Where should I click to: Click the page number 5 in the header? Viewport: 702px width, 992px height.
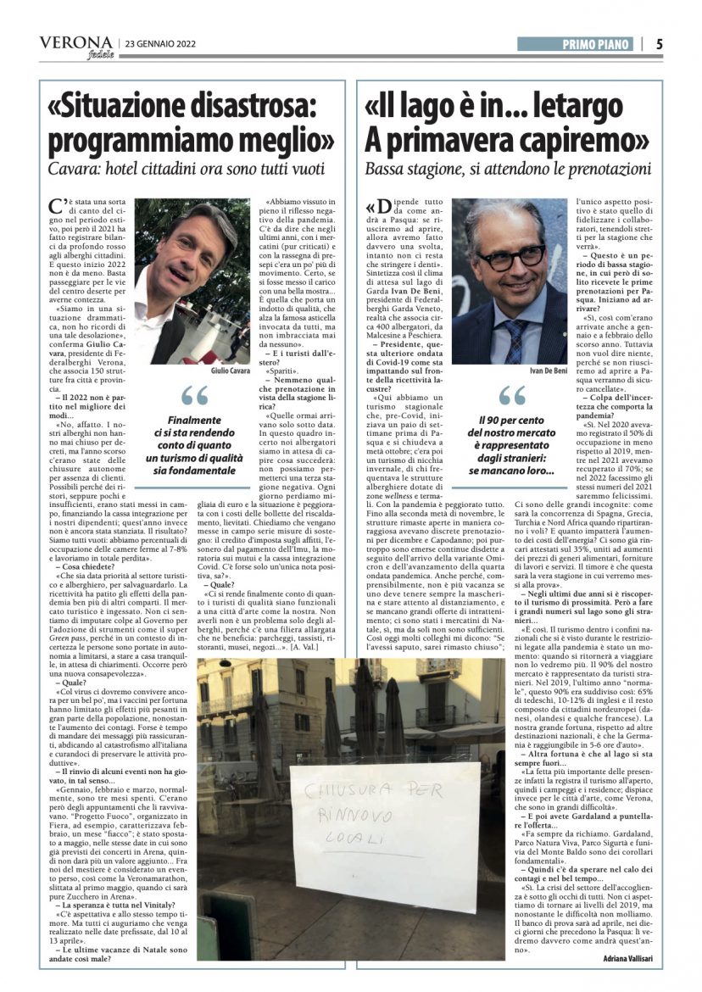659,44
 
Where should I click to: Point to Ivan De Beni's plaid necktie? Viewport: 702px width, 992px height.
515,337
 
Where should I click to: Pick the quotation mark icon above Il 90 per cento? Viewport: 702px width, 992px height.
513,395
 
